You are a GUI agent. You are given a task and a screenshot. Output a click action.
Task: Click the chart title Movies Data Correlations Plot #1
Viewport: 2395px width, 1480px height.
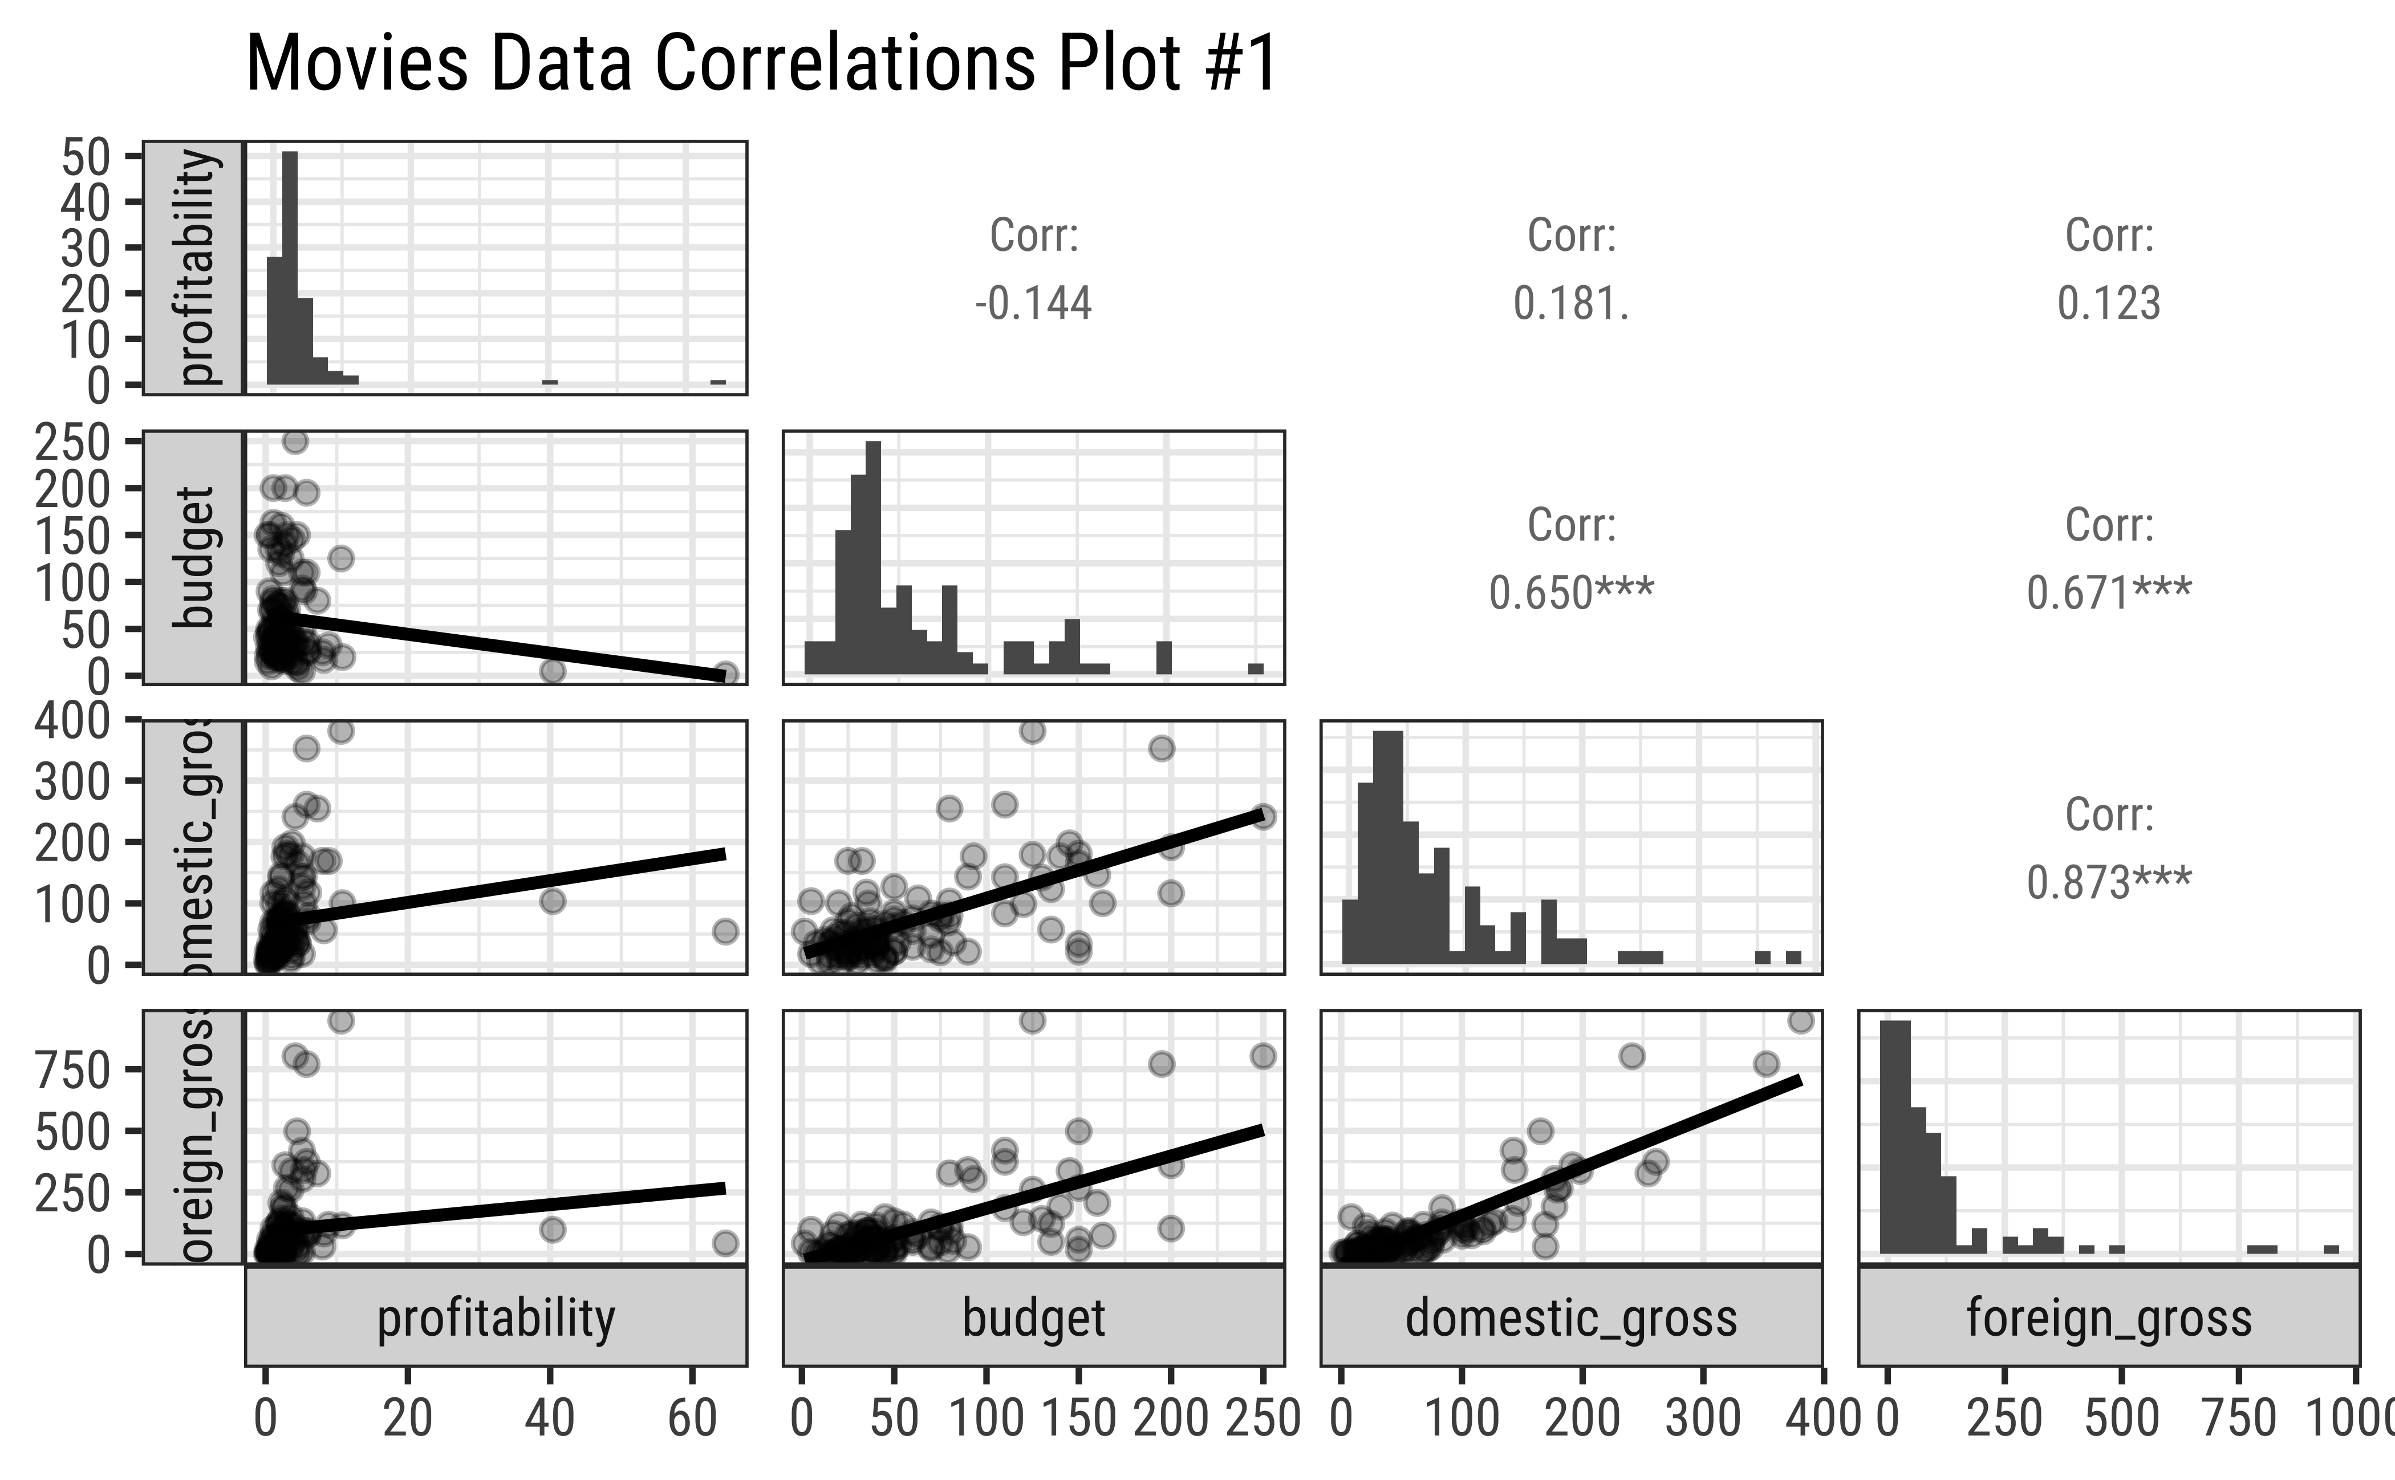(761, 64)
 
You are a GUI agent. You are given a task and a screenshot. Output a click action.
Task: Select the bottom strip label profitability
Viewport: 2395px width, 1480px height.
(496, 1317)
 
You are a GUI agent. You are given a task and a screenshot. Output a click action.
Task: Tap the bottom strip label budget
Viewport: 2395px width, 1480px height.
(1034, 1317)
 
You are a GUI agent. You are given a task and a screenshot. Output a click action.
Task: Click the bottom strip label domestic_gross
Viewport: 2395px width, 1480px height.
(1571, 1317)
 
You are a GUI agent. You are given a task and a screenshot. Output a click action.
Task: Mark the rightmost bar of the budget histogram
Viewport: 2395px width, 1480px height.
(1256, 668)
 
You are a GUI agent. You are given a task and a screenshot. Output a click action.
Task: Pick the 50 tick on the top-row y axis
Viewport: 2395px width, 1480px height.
(84, 157)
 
